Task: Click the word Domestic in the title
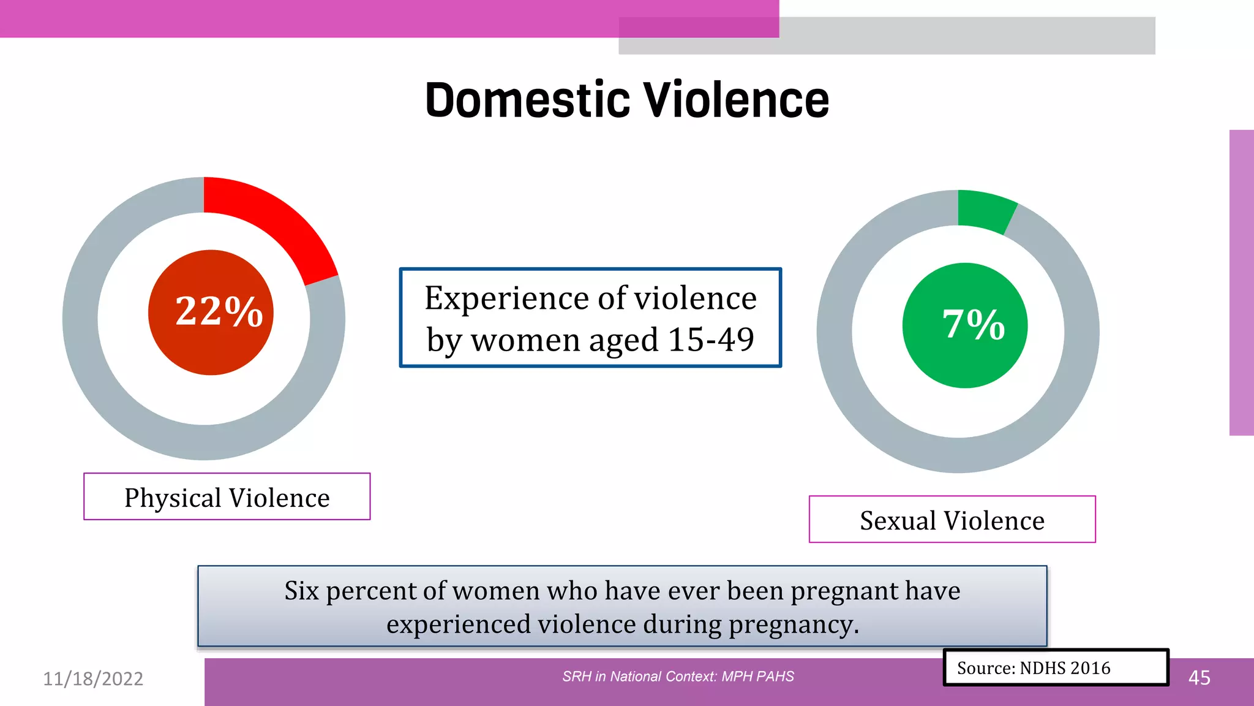pos(527,101)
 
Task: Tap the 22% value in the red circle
pos(219,311)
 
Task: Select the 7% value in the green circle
pos(973,324)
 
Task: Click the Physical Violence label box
pos(227,497)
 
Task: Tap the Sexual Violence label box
pos(952,520)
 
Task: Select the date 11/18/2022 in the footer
pos(93,678)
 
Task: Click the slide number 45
pos(1199,678)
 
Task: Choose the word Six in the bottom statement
pos(301,591)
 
